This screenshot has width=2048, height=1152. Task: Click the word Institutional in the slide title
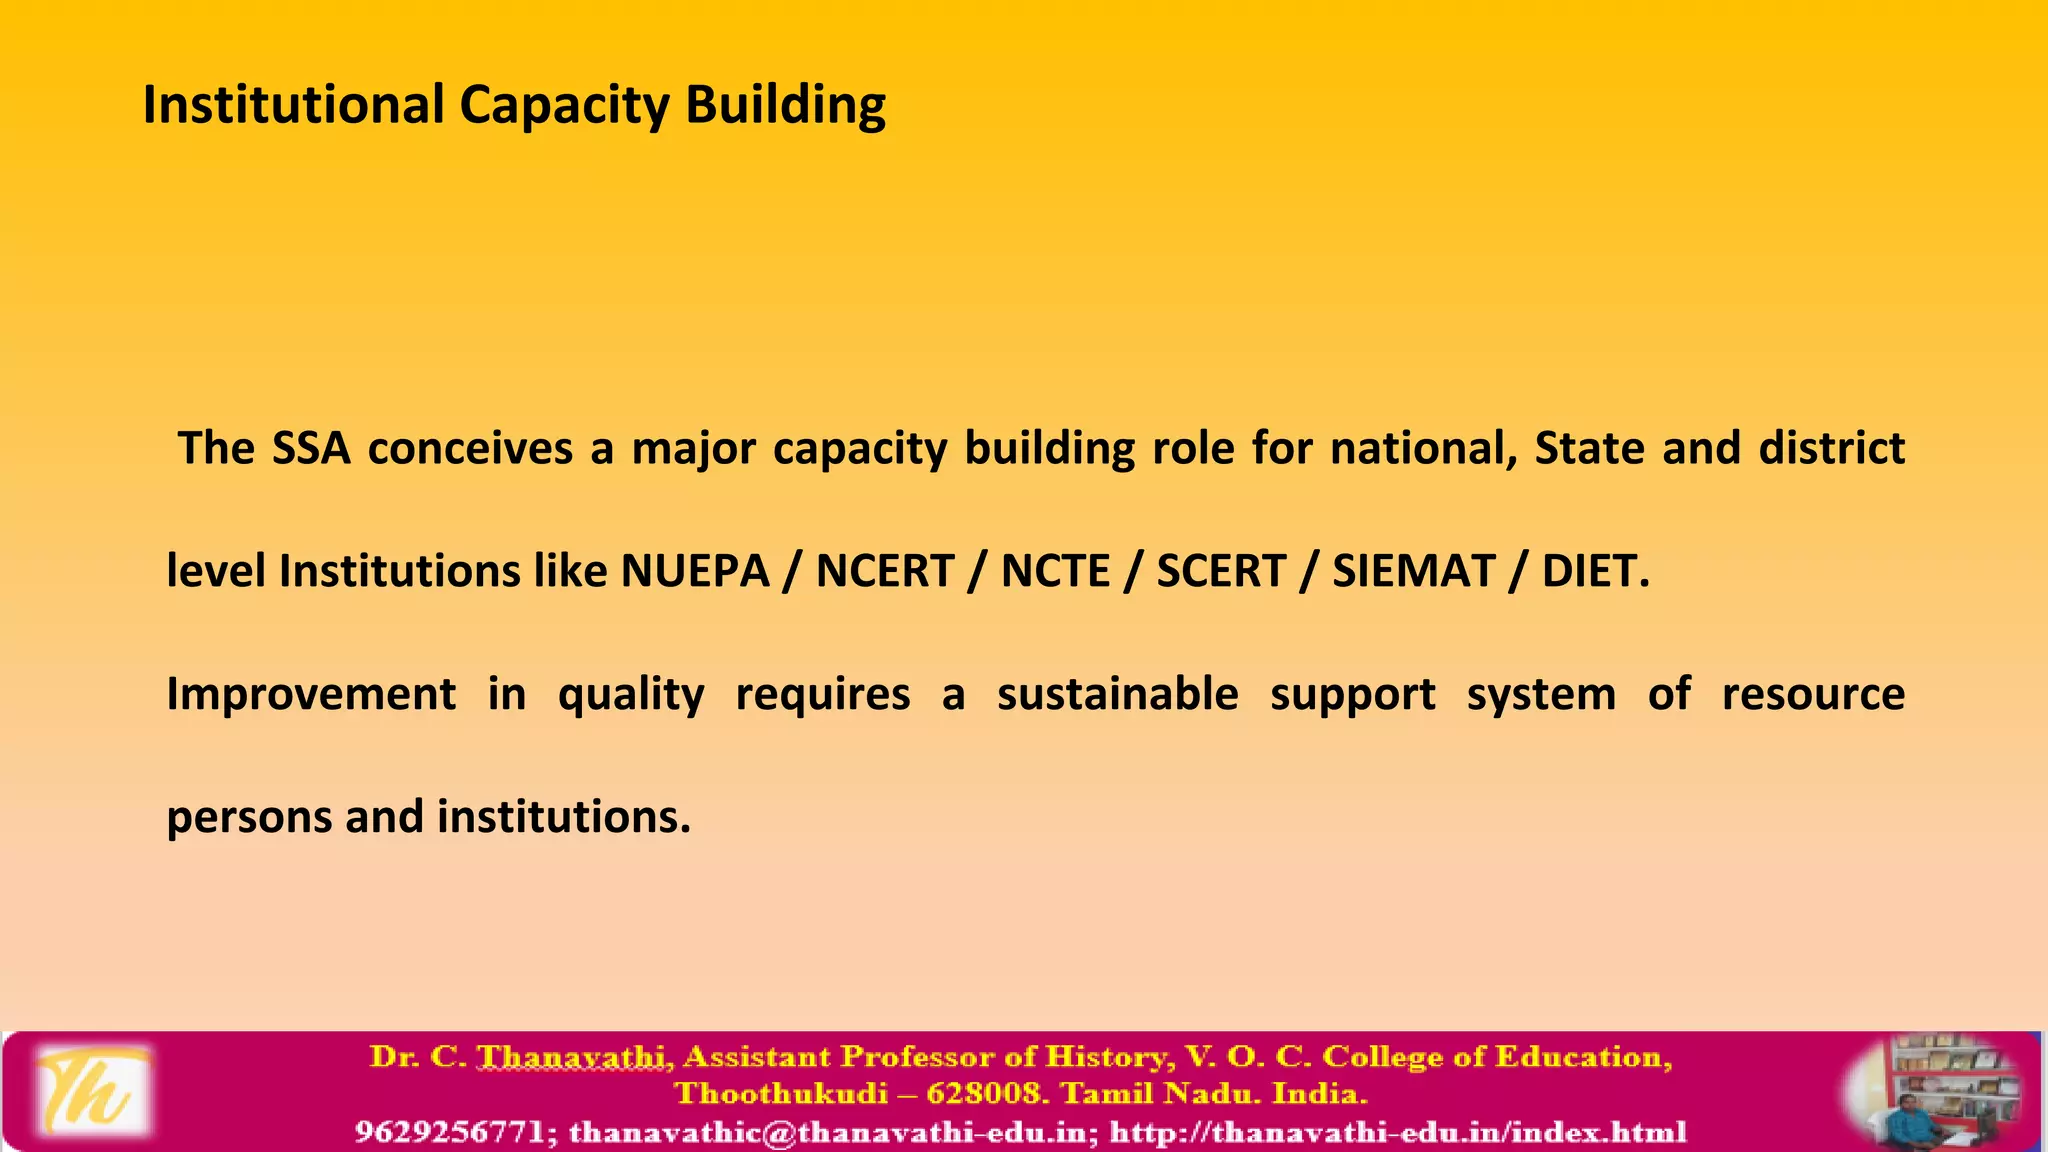click(x=293, y=104)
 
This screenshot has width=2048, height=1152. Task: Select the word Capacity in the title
click(x=564, y=106)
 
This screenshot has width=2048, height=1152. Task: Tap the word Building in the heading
click(x=785, y=106)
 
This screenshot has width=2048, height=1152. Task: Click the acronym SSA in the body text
click(x=311, y=448)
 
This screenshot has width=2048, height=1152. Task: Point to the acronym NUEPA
click(x=695, y=571)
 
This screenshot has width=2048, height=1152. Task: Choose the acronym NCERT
click(x=885, y=571)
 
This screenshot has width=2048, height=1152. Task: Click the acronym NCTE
click(x=1055, y=571)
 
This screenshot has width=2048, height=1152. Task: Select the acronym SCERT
click(x=1221, y=571)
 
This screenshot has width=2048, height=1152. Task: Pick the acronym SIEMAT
click(x=1413, y=571)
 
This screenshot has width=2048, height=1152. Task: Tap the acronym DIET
click(x=1594, y=571)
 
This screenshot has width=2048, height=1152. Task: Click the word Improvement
click(x=311, y=694)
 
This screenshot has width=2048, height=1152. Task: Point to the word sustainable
click(x=1117, y=694)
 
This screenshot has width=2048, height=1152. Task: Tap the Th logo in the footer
click(x=92, y=1091)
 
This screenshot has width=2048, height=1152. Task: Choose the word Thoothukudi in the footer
click(x=781, y=1093)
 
